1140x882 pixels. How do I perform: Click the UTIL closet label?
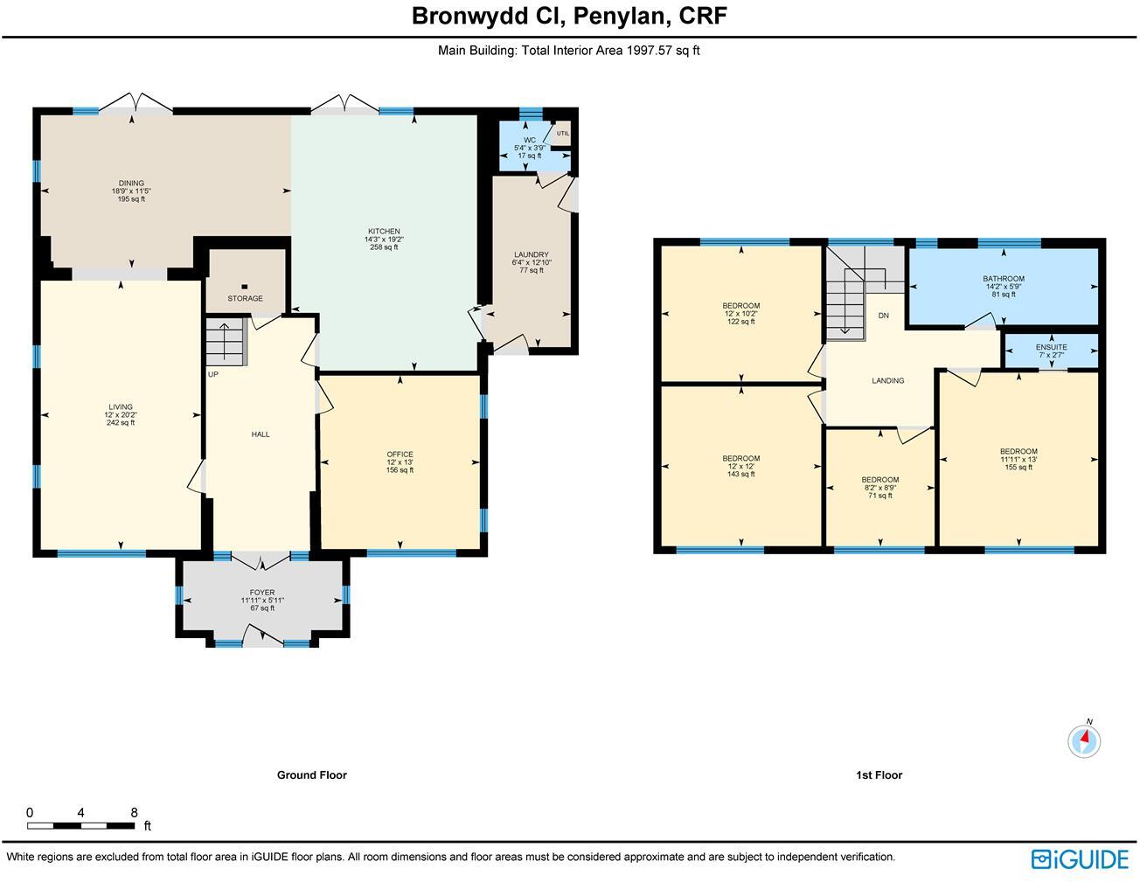pyautogui.click(x=563, y=134)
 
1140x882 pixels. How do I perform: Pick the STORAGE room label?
pyautogui.click(x=245, y=298)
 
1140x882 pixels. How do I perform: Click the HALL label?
pyautogui.click(x=261, y=434)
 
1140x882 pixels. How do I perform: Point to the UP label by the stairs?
pyautogui.click(x=212, y=374)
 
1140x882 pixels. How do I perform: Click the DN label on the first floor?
pyautogui.click(x=883, y=316)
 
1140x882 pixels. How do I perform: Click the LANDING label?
pyautogui.click(x=887, y=380)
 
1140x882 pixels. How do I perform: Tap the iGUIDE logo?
pyautogui.click(x=1080, y=858)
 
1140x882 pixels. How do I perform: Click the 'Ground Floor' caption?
pyautogui.click(x=312, y=774)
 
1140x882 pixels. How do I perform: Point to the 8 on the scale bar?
pyautogui.click(x=134, y=813)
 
